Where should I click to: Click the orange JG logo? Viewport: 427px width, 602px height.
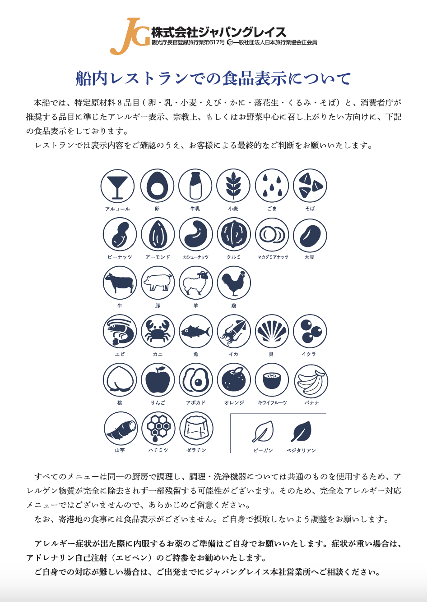click(x=130, y=36)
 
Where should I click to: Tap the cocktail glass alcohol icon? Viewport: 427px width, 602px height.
click(x=117, y=186)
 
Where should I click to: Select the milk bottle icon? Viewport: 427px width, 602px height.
click(x=195, y=186)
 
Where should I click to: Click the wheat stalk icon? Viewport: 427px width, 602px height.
click(x=233, y=186)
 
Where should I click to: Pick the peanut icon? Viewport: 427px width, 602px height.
click(x=120, y=234)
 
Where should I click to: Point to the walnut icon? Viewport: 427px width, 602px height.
click(x=234, y=234)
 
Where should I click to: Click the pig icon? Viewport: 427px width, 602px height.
click(x=158, y=283)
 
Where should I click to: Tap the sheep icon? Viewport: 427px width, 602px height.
click(x=196, y=283)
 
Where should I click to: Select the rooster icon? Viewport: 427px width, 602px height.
click(x=234, y=283)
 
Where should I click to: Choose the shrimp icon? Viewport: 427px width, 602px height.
click(x=120, y=331)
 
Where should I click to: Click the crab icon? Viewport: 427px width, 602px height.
click(x=158, y=331)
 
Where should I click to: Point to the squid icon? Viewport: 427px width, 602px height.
click(x=234, y=331)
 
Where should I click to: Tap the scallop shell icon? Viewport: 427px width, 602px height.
click(x=272, y=331)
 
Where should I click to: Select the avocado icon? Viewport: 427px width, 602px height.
click(x=196, y=380)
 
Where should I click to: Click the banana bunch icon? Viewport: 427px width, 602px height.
click(x=311, y=381)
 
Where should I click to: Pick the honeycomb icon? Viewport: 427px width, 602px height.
click(x=158, y=429)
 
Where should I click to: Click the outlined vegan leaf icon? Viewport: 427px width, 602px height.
click(x=263, y=432)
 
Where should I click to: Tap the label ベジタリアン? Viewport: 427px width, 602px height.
click(x=301, y=451)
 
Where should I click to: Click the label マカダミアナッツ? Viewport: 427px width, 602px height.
click(x=273, y=257)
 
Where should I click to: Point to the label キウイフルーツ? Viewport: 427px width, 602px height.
click(x=272, y=402)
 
